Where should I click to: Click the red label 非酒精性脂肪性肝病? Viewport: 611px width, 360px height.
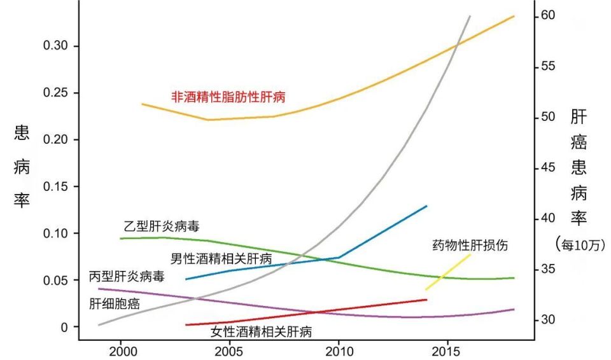[228, 97]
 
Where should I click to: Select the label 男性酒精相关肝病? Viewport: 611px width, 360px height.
[221, 259]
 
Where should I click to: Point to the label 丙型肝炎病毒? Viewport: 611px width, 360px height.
[127, 277]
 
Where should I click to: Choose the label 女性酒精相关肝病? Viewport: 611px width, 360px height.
[261, 331]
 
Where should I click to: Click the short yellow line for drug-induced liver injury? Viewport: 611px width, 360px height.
[448, 272]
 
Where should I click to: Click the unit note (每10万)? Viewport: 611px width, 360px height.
[580, 244]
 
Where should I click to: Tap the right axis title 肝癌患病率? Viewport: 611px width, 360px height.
[578, 167]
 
